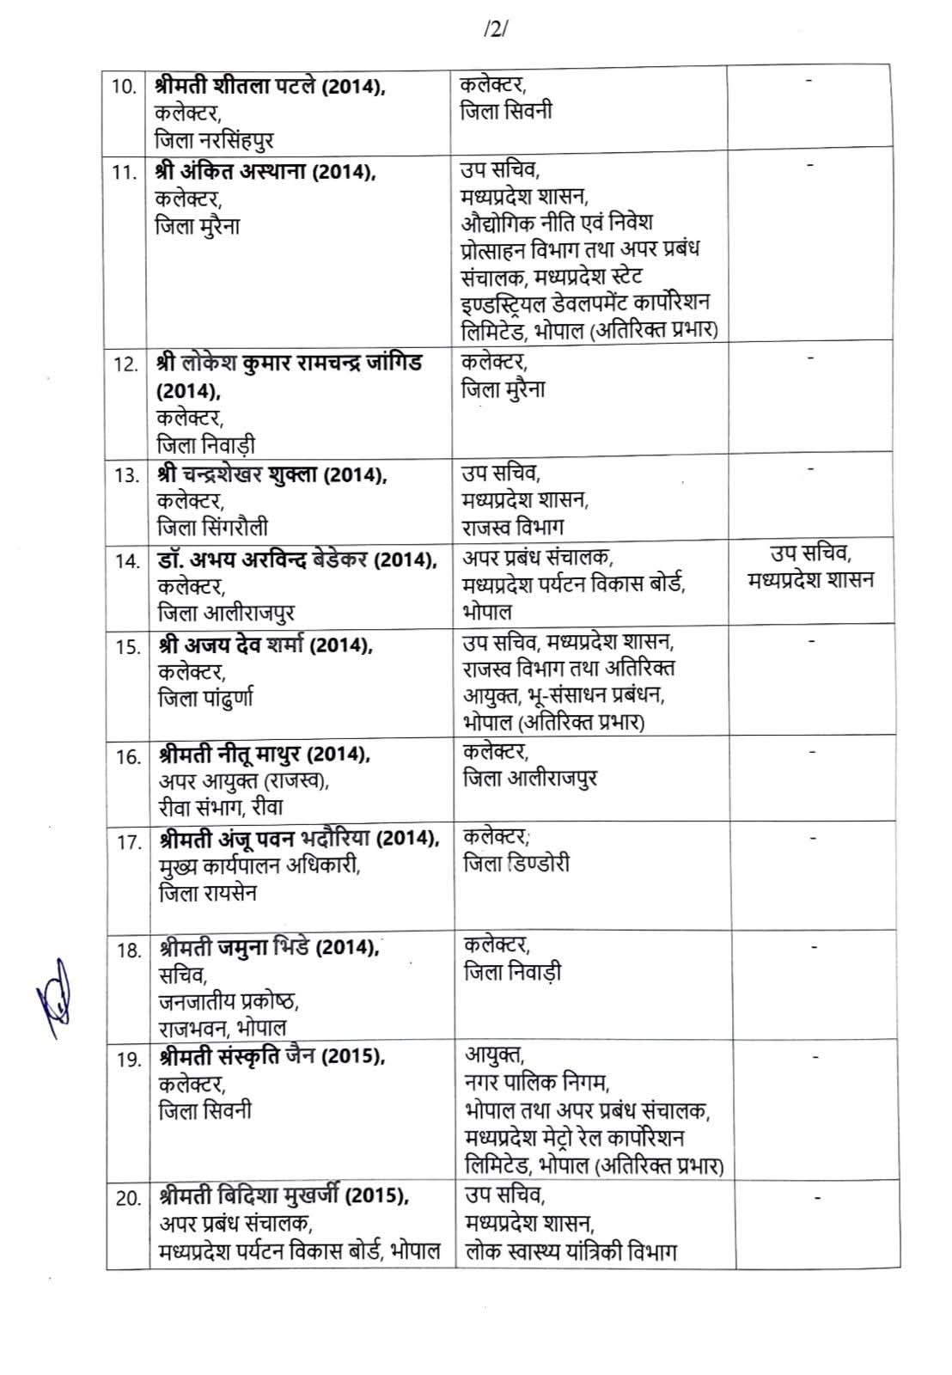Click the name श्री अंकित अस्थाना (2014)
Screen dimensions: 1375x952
click(265, 171)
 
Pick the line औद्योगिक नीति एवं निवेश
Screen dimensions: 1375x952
click(557, 223)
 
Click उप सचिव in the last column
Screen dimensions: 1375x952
click(810, 553)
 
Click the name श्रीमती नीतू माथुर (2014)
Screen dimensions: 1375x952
click(265, 755)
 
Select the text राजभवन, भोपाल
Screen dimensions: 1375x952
click(223, 1028)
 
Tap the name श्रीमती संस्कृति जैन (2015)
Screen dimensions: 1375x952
click(272, 1057)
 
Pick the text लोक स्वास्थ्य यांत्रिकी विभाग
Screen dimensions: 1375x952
click(571, 1251)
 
